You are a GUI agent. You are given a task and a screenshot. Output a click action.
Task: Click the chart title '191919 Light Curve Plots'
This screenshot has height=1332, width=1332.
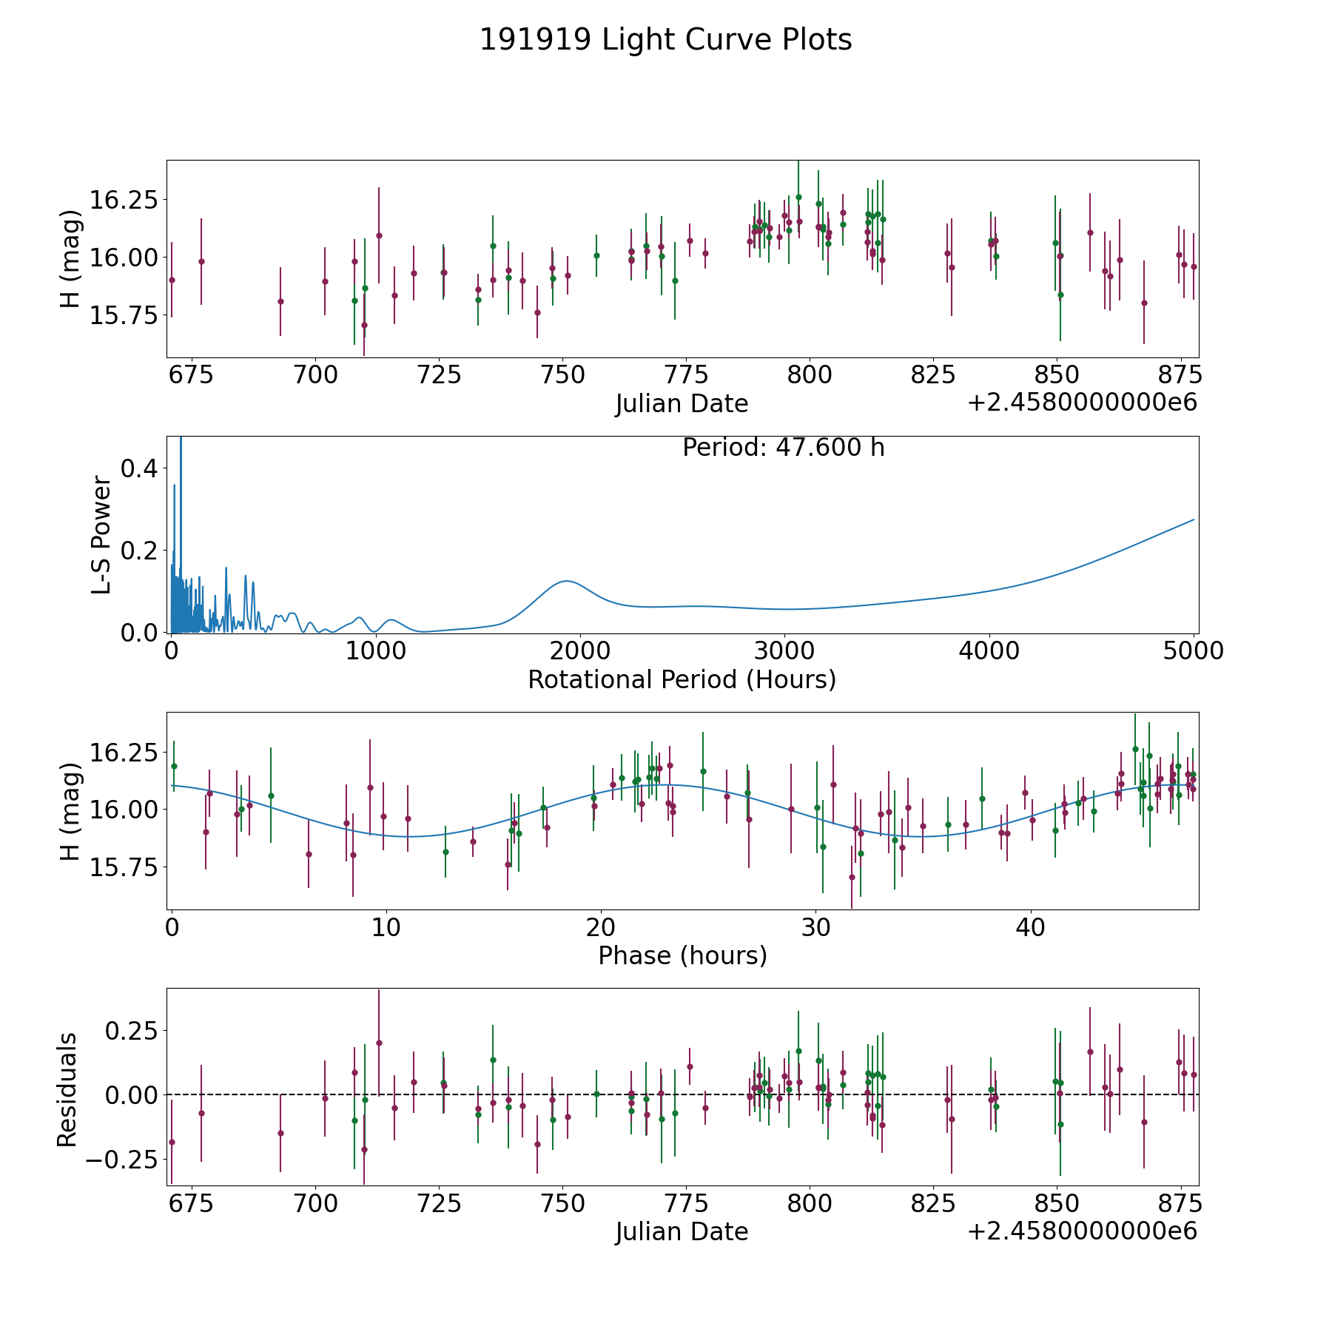pyautogui.click(x=665, y=40)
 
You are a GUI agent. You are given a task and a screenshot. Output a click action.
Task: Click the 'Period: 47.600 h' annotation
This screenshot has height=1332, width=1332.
pyautogui.click(x=783, y=448)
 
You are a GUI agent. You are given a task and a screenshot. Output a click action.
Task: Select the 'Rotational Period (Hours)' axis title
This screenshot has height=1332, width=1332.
pyautogui.click(x=682, y=679)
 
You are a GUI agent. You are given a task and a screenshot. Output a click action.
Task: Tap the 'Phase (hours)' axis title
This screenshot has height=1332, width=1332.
pyautogui.click(x=682, y=955)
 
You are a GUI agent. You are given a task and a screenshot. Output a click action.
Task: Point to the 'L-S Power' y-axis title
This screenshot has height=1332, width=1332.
pyautogui.click(x=101, y=534)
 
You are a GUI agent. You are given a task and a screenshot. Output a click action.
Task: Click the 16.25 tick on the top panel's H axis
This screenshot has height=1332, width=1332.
pyautogui.click(x=124, y=200)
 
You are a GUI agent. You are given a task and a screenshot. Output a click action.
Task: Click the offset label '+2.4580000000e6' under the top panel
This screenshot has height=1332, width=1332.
pyautogui.click(x=1083, y=403)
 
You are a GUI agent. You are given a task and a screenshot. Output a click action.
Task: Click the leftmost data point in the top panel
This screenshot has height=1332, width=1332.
pyautogui.click(x=172, y=280)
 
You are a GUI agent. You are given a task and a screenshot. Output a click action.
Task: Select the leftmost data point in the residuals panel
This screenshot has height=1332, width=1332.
pyautogui.click(x=172, y=1142)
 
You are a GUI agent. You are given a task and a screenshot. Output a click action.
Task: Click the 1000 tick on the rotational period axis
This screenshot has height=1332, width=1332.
pyautogui.click(x=376, y=651)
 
